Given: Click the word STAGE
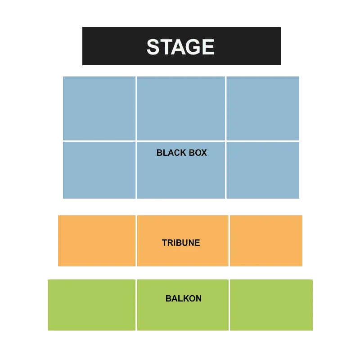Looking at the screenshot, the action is (180, 47).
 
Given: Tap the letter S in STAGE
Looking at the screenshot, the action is (153, 47).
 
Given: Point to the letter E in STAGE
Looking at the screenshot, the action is (208, 47).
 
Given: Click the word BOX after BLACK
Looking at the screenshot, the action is (198, 153).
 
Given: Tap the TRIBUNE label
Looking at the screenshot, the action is (181, 243).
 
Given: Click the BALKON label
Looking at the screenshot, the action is (184, 298).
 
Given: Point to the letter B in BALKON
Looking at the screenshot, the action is (168, 298).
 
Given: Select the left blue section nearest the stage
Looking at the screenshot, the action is (99, 108).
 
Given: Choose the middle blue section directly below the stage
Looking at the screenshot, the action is (181, 108).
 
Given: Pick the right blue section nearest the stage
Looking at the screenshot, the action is (263, 108).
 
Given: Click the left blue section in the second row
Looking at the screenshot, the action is (99, 170).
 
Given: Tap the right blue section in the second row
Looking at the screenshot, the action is (263, 170).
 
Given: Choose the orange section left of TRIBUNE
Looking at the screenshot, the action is (97, 241).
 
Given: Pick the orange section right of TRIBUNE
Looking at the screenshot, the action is (266, 241).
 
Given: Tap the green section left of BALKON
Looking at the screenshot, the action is (92, 305).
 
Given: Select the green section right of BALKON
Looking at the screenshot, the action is (271, 305).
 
